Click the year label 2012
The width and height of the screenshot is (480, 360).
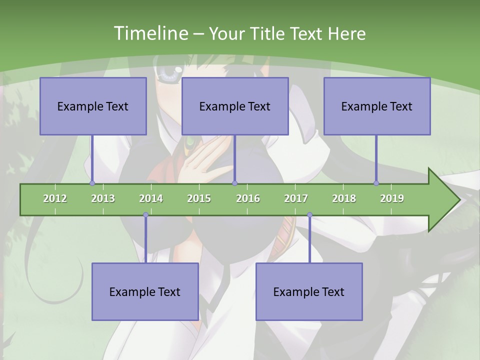55,198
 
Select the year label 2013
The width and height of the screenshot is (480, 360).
103,198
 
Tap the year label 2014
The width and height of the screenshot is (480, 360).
151,198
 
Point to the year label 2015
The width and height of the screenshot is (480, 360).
199,198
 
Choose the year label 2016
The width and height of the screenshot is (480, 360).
248,198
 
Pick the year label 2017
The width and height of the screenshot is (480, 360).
296,198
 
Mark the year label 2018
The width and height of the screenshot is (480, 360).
344,198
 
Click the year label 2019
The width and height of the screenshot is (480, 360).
392,198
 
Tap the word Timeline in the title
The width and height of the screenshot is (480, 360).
149,33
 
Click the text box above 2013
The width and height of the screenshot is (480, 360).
93,106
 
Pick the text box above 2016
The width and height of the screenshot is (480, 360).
235,106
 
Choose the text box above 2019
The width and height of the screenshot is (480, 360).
377,106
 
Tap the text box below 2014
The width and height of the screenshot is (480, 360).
145,291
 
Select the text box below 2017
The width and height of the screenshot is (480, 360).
309,291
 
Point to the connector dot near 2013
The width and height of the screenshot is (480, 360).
92,183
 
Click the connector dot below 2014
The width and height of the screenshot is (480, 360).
145,215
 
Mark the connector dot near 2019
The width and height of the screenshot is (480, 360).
376,183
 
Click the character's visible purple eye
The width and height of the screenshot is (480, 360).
169,74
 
